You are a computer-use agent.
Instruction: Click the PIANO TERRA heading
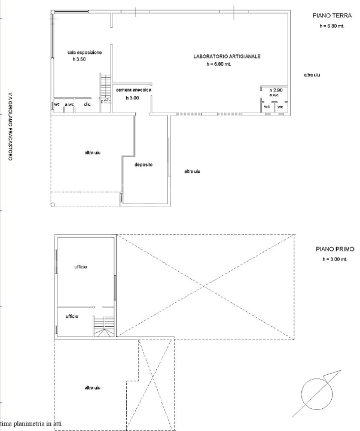[327, 17]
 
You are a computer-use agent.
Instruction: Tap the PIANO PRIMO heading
[335, 249]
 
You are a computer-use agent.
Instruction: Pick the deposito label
[144, 165]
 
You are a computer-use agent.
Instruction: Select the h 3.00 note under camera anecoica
[132, 98]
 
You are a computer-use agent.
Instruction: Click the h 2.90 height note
[275, 90]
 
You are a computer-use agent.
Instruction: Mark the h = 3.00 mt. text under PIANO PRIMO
[334, 259]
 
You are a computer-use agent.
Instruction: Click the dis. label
[87, 105]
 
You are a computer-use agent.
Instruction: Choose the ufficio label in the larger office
[81, 266]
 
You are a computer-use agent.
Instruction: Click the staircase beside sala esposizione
[105, 88]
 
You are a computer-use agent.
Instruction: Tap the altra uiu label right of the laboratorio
[312, 75]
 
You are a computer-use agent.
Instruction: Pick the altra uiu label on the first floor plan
[92, 388]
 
